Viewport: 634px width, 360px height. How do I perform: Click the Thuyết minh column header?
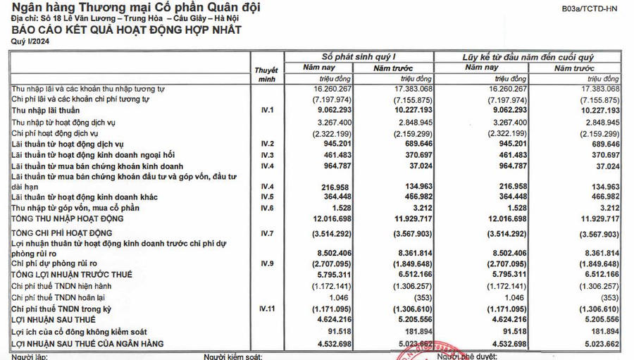click(x=265, y=75)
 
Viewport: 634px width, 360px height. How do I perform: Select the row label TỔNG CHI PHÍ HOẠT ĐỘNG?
click(x=61, y=232)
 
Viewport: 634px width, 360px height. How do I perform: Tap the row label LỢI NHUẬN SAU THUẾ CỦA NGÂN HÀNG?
click(x=87, y=343)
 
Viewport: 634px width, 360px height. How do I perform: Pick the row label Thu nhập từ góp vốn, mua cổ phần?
click(x=75, y=208)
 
